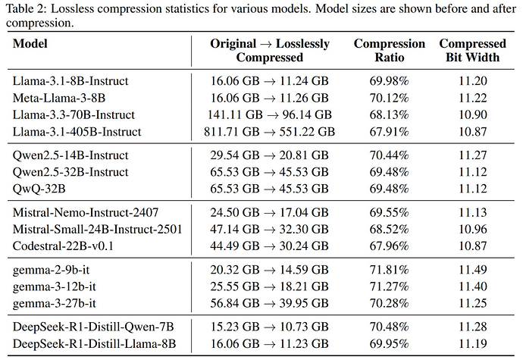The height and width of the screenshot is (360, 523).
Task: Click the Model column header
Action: click(30, 44)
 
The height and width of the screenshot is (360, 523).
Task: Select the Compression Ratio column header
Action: click(389, 50)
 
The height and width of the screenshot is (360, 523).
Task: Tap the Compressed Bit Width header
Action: click(472, 50)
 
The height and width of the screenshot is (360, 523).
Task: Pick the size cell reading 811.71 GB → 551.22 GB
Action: click(271, 131)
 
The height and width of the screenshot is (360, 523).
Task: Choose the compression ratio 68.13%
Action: click(389, 114)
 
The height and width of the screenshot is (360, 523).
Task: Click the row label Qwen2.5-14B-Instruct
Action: click(70, 155)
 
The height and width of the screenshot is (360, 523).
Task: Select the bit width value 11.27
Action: click(472, 155)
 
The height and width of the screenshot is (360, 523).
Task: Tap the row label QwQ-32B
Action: click(39, 189)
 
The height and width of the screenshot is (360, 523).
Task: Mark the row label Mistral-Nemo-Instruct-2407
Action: click(86, 213)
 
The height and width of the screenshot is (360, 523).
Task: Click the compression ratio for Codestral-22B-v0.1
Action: click(389, 246)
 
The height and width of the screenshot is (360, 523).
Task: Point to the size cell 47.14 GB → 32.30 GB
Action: click(271, 230)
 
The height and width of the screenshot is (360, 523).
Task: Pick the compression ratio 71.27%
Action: click(389, 287)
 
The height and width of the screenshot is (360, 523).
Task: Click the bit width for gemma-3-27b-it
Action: click(472, 304)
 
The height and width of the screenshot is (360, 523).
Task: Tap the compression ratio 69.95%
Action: click(389, 345)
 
